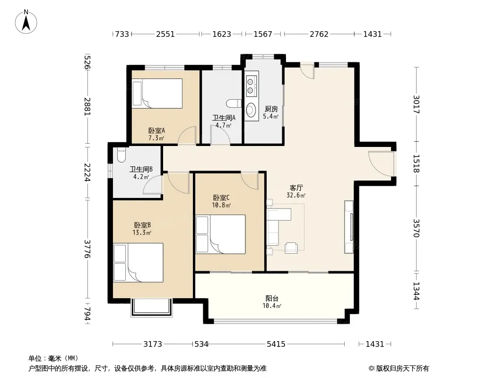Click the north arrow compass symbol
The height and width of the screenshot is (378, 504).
(x=26, y=22)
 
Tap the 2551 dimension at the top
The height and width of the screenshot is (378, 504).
(x=165, y=34)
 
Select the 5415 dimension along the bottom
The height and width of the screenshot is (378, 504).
(x=276, y=344)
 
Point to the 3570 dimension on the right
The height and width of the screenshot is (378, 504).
(x=416, y=228)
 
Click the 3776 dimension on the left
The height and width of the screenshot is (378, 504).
(x=87, y=249)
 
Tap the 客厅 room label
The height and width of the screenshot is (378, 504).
(x=296, y=188)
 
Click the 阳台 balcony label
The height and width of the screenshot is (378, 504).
(x=272, y=298)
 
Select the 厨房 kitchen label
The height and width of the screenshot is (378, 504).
(x=271, y=109)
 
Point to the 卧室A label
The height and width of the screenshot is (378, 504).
(x=156, y=131)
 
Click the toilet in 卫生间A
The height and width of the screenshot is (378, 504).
(x=234, y=103)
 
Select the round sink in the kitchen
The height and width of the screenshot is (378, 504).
(x=251, y=110)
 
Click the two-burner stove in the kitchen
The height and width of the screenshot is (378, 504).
(x=251, y=86)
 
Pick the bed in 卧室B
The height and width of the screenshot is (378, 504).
(x=139, y=263)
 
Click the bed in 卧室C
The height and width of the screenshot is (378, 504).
(x=220, y=234)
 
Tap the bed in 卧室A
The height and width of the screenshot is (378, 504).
(x=157, y=94)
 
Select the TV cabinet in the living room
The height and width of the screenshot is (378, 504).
(x=349, y=227)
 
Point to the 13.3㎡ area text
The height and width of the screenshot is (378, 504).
(x=142, y=232)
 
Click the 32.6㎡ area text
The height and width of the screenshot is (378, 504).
(x=296, y=195)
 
